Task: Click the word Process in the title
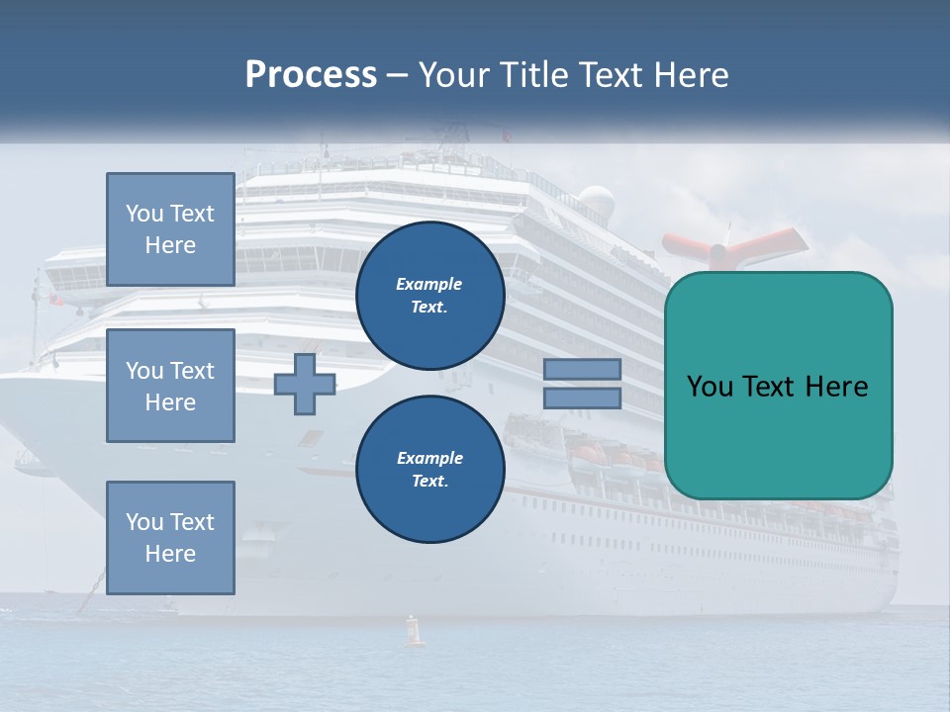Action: (x=311, y=75)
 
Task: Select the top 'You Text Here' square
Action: (x=170, y=229)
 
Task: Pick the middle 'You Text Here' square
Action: (x=170, y=386)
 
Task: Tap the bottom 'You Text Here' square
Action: (x=170, y=538)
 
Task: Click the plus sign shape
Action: (x=305, y=384)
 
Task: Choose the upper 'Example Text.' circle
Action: (x=429, y=296)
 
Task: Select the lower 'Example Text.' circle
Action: (x=429, y=470)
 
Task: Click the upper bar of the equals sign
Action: (x=582, y=370)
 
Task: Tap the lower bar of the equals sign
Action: (x=582, y=398)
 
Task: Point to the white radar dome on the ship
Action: (x=596, y=202)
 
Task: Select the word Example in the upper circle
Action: (x=429, y=284)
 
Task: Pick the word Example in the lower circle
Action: (x=429, y=458)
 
